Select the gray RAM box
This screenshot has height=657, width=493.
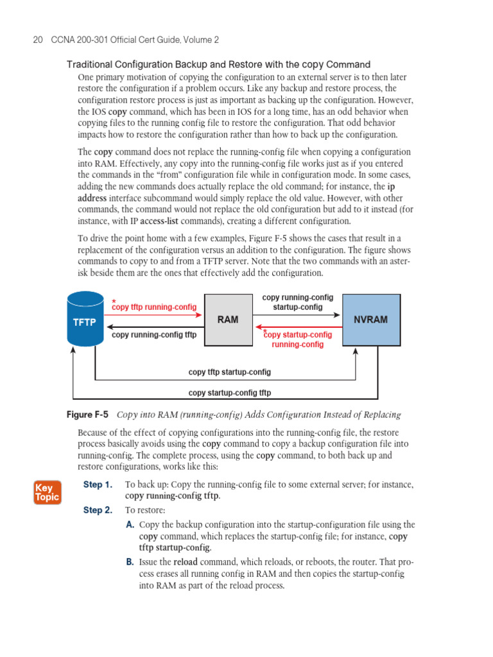[228, 320]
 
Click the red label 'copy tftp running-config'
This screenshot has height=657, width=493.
[154, 307]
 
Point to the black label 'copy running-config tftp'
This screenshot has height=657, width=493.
[154, 335]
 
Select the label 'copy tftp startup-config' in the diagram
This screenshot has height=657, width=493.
[230, 372]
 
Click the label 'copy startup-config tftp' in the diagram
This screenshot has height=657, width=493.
[230, 393]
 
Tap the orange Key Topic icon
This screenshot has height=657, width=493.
[47, 492]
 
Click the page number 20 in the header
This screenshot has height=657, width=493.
[37, 40]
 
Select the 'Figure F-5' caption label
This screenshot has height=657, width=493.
[88, 415]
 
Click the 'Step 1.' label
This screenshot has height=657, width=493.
[98, 484]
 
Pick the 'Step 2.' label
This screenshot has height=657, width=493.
[98, 511]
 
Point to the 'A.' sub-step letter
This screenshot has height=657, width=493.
[130, 525]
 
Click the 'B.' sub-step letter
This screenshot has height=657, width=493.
[130, 562]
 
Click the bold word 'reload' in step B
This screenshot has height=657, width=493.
[185, 562]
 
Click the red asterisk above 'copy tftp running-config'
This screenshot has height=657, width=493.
[114, 302]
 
